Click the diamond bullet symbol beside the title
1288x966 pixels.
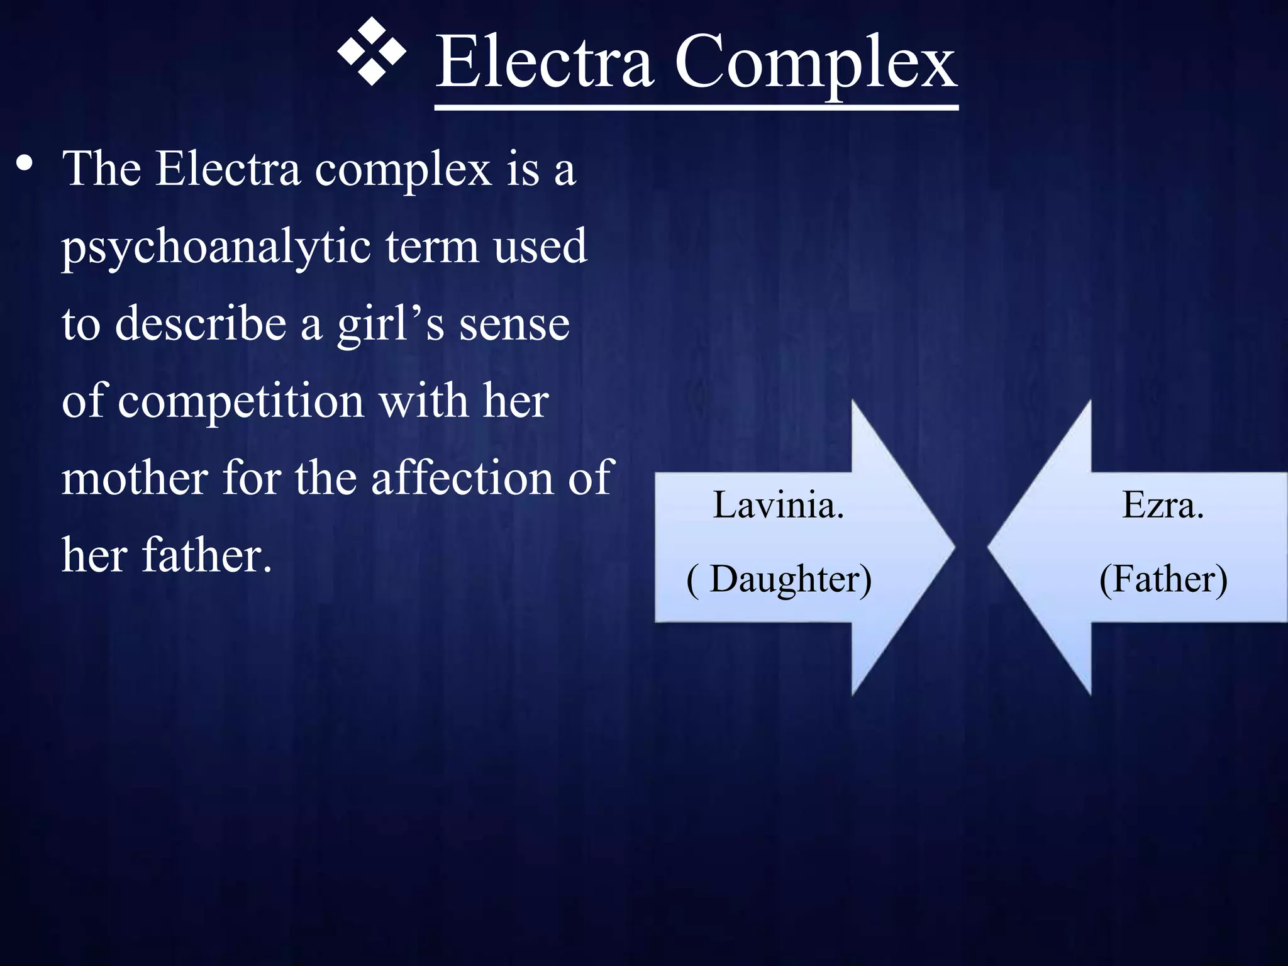tap(372, 52)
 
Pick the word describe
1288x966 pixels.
tap(201, 324)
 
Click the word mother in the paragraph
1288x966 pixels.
tap(135, 478)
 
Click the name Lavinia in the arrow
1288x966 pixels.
tap(778, 505)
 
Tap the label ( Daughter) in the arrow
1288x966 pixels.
tap(779, 579)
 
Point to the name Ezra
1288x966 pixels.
tap(1162, 505)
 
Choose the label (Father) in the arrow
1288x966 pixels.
tap(1163, 579)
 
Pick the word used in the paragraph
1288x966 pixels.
tap(540, 247)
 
